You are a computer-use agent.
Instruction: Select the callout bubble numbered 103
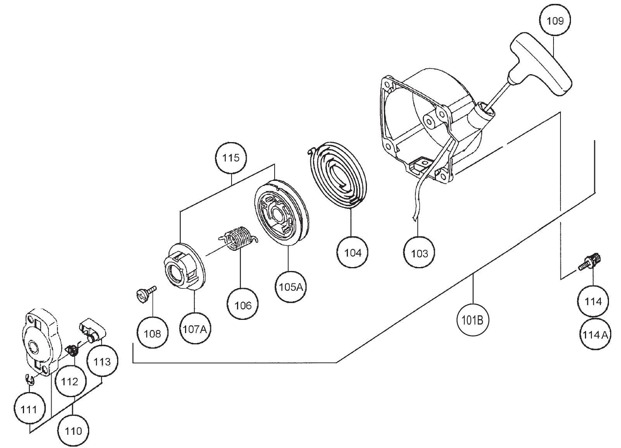(419, 254)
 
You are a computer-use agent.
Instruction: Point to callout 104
(353, 253)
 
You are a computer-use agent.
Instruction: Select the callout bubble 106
(243, 305)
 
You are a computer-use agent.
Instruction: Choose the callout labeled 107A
(195, 329)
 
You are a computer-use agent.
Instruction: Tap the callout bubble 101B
(473, 320)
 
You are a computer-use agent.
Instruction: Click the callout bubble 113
(102, 362)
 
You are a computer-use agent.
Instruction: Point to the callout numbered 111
(29, 410)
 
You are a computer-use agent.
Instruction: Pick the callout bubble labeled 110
(73, 431)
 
